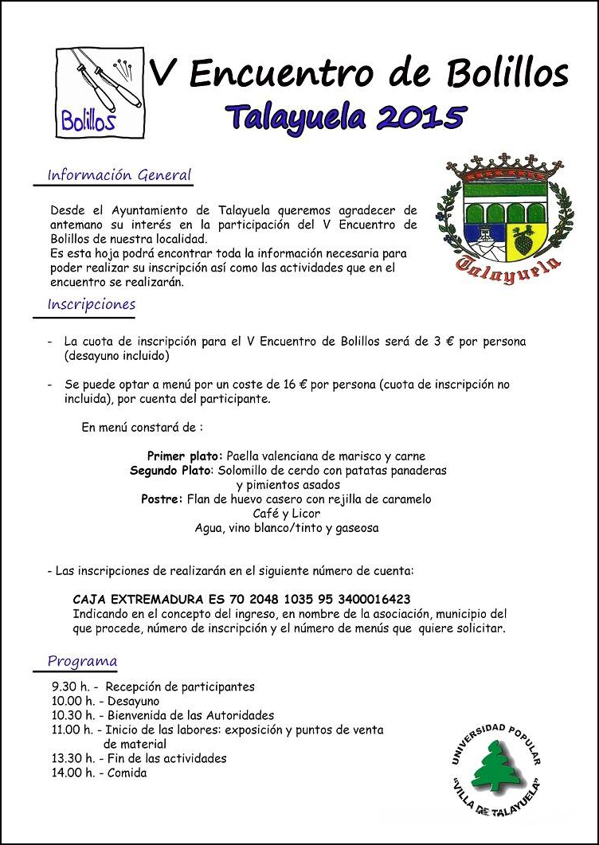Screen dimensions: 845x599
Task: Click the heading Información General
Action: [119, 174]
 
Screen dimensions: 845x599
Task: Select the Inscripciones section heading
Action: [92, 304]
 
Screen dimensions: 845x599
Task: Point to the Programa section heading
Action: [82, 660]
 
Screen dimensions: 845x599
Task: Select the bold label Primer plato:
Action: [186, 456]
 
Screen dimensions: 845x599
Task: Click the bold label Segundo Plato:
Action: [171, 471]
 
